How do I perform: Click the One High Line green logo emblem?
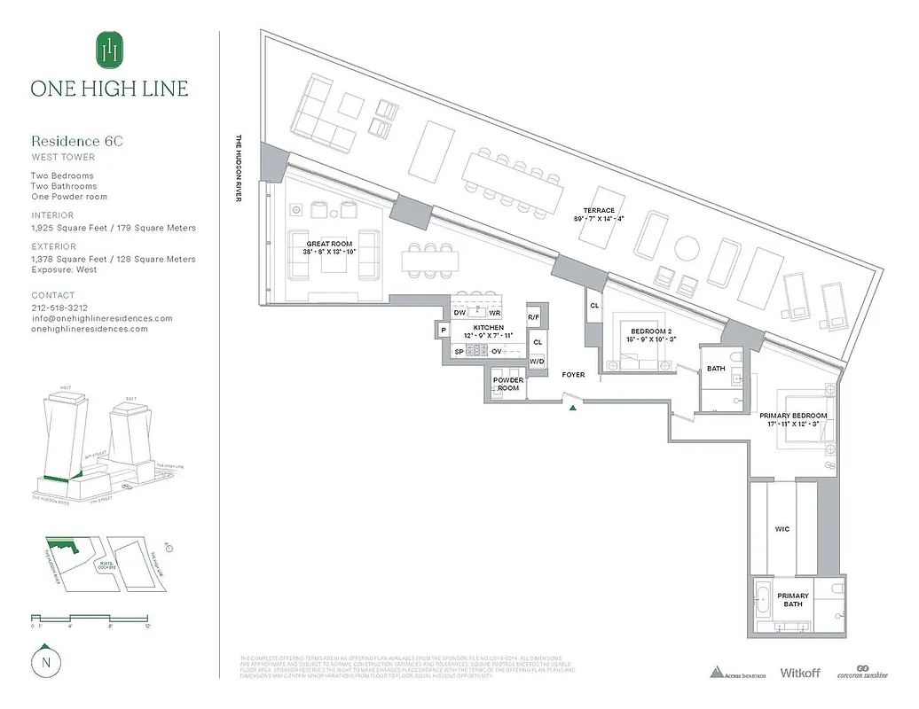(109, 50)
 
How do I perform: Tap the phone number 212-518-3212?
(60, 308)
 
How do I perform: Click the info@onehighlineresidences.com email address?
(101, 318)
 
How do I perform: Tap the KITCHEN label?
(488, 328)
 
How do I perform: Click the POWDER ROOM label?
(508, 384)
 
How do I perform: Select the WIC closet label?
(782, 529)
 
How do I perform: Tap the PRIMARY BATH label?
(792, 600)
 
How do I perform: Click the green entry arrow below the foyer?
(574, 408)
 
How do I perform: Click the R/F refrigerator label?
(533, 316)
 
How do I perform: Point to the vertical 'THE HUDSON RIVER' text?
(239, 168)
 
